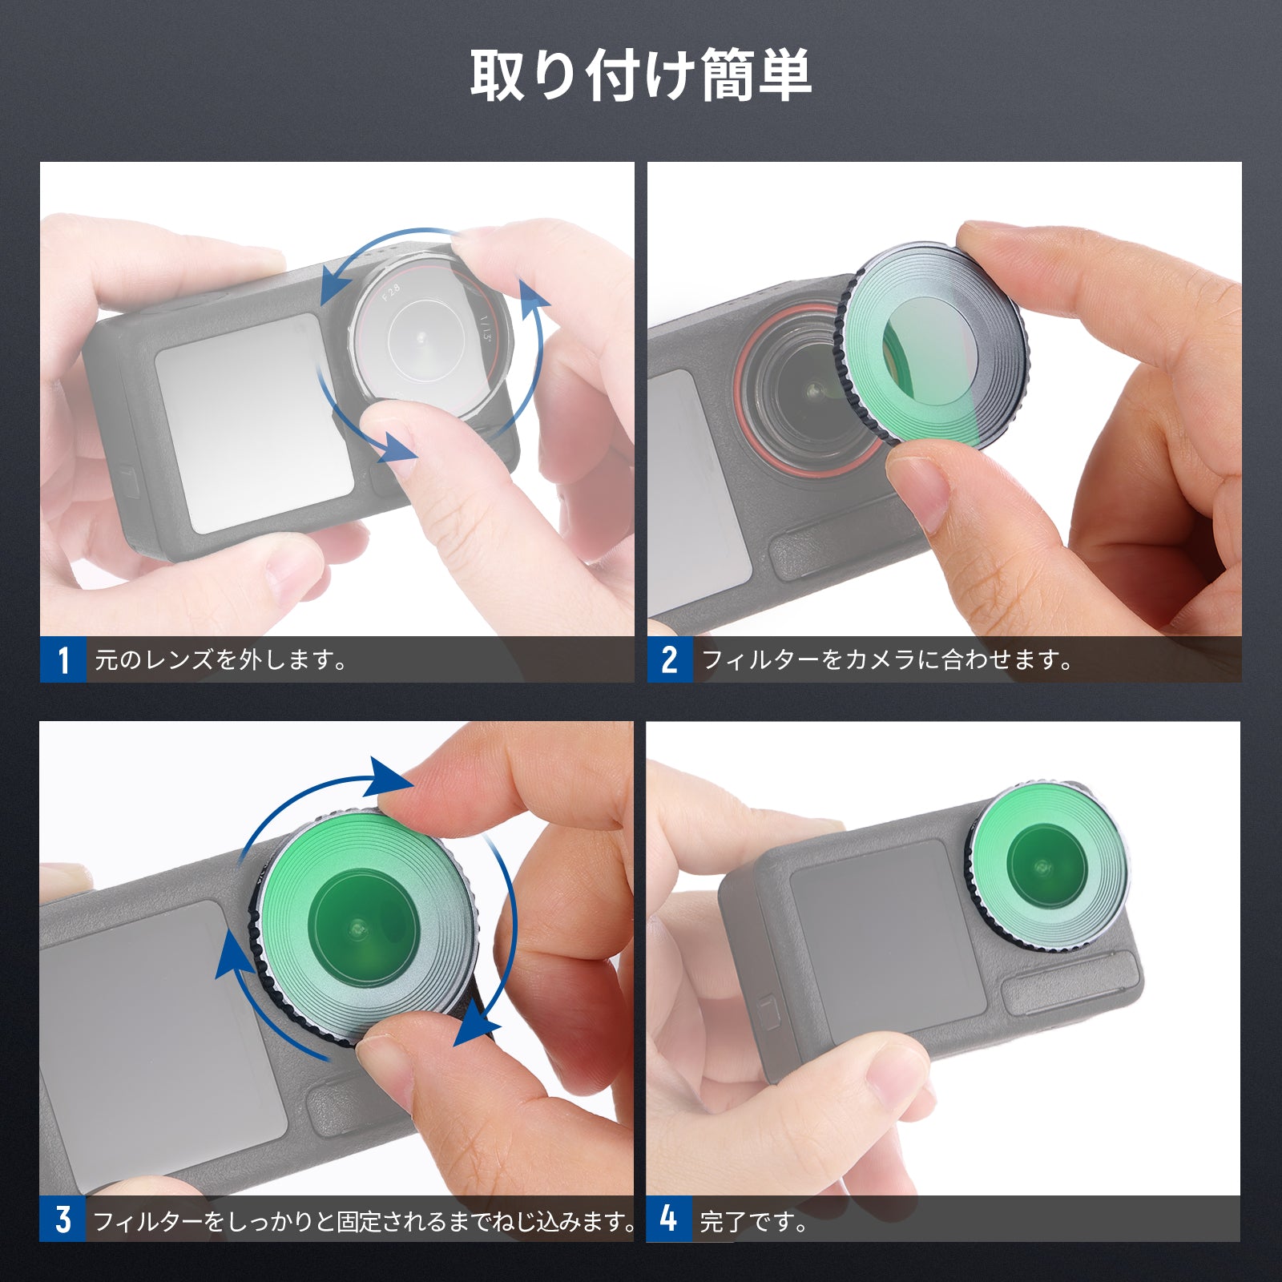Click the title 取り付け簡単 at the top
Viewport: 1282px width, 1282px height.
point(641,75)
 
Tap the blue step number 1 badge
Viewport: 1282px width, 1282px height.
point(63,659)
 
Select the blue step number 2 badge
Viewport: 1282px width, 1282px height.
point(670,659)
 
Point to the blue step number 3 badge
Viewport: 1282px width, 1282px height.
point(62,1219)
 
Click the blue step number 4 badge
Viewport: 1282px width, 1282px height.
point(669,1219)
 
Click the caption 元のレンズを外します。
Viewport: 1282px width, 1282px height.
point(221,660)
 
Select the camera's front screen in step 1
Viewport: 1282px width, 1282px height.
point(255,422)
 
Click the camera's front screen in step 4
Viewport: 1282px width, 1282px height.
point(888,942)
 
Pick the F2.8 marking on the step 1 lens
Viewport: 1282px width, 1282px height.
point(391,292)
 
